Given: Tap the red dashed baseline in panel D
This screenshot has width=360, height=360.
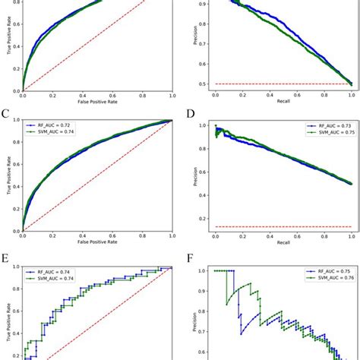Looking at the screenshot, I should [x=283, y=226].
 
